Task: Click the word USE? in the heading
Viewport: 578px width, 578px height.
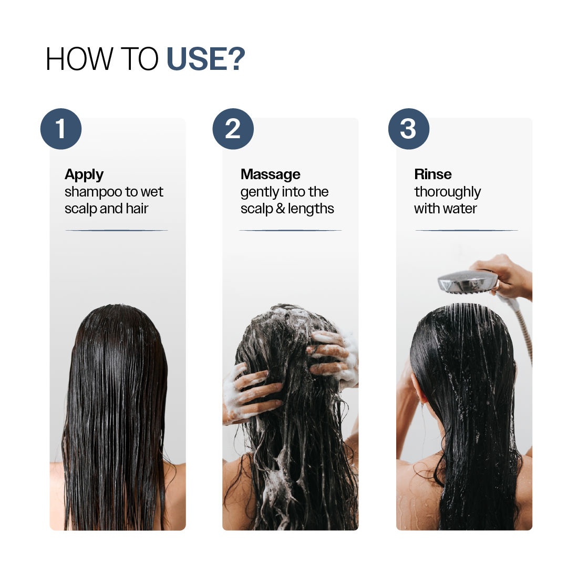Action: coord(205,59)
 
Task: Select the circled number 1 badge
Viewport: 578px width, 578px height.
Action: coord(61,129)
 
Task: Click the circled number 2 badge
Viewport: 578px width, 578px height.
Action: coord(233,129)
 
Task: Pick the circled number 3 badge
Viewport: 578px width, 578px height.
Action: coord(408,129)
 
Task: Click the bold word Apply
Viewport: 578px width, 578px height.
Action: coord(84,174)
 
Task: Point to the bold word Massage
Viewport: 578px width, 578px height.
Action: coord(270,174)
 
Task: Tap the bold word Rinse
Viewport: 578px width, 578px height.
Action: coord(432,174)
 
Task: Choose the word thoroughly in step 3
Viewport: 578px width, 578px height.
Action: coord(447,192)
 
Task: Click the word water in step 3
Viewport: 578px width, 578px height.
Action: coord(460,209)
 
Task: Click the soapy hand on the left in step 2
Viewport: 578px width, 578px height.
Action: coord(247,391)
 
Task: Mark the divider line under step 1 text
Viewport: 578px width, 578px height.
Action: coord(117,230)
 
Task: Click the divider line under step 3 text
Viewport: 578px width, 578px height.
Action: coord(466,230)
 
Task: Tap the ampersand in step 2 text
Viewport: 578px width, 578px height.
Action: coord(280,209)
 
